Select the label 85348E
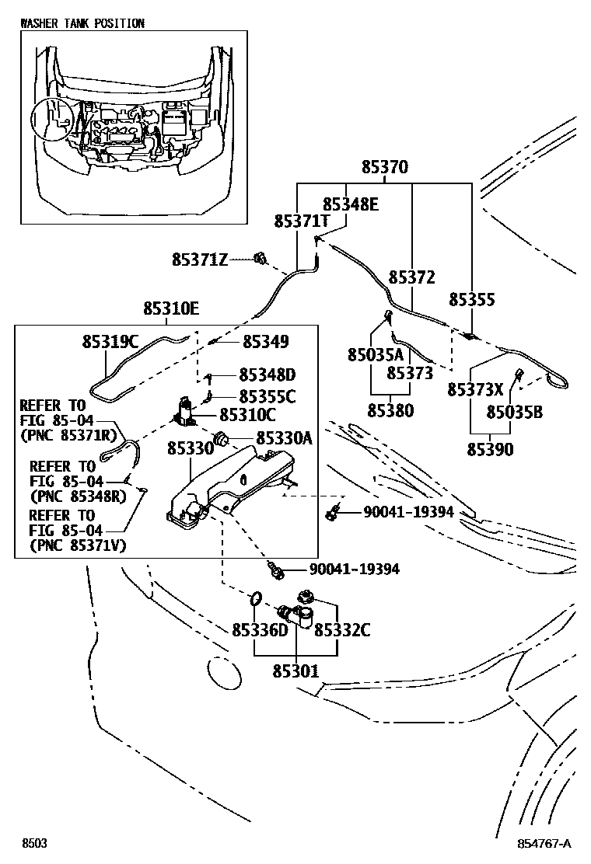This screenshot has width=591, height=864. [350, 204]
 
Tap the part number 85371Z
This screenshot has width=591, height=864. [200, 260]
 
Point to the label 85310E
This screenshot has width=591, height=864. [170, 309]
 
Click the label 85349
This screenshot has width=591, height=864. [265, 341]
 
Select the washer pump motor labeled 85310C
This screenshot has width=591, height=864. [187, 412]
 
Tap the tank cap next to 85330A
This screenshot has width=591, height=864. [223, 439]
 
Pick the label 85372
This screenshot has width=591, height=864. [411, 277]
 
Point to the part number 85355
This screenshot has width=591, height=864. [472, 299]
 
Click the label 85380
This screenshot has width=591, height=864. [390, 410]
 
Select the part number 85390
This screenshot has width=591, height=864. [490, 449]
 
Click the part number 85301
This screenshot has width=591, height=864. [295, 670]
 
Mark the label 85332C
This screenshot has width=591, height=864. [342, 630]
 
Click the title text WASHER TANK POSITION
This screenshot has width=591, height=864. [82, 23]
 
